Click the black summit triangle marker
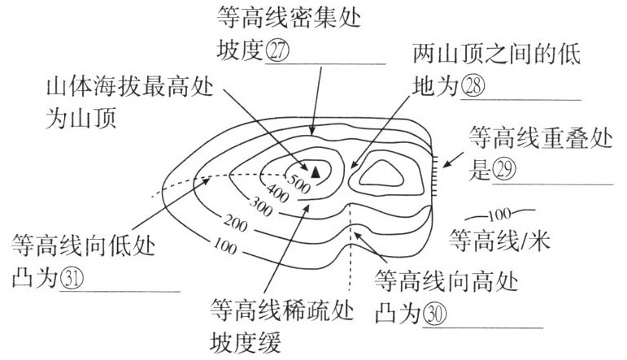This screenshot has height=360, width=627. (316, 171)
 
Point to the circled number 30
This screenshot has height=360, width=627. (436, 314)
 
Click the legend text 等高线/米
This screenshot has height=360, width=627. (500, 241)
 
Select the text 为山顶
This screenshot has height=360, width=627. (82, 119)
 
